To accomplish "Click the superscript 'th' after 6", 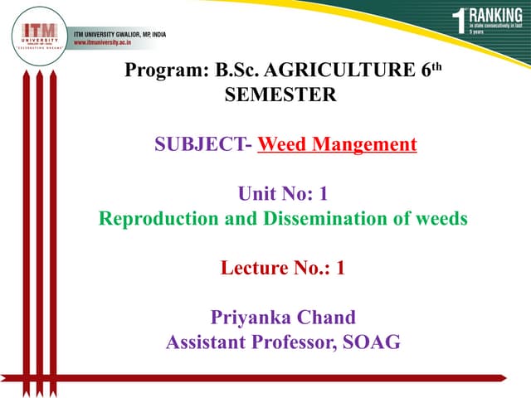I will point(439,66).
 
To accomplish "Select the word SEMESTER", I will point(280,95).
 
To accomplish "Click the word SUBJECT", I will point(200,145).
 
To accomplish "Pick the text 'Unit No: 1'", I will point(282,195).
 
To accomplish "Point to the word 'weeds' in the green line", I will point(441,220).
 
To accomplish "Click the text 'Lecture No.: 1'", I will point(282,269).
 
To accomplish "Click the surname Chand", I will point(325,318).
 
